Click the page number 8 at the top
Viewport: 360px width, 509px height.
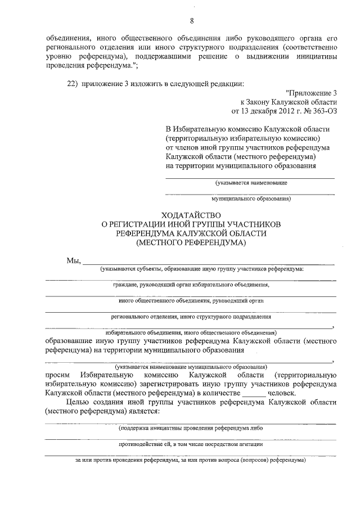pyautogui.click(x=191, y=22)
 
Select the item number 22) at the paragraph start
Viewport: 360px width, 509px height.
pyautogui.click(x=74, y=84)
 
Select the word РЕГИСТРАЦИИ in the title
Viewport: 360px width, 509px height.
pyautogui.click(x=146, y=224)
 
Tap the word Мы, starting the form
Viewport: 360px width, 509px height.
pyautogui.click(x=74, y=260)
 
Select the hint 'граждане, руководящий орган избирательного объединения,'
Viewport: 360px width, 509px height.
pyautogui.click(x=191, y=285)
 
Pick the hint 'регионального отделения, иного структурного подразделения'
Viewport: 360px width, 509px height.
pyautogui.click(x=191, y=317)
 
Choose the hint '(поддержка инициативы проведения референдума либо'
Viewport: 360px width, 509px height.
pyautogui.click(x=191, y=428)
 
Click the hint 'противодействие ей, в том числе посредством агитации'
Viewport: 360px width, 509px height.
pyautogui.click(x=191, y=444)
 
